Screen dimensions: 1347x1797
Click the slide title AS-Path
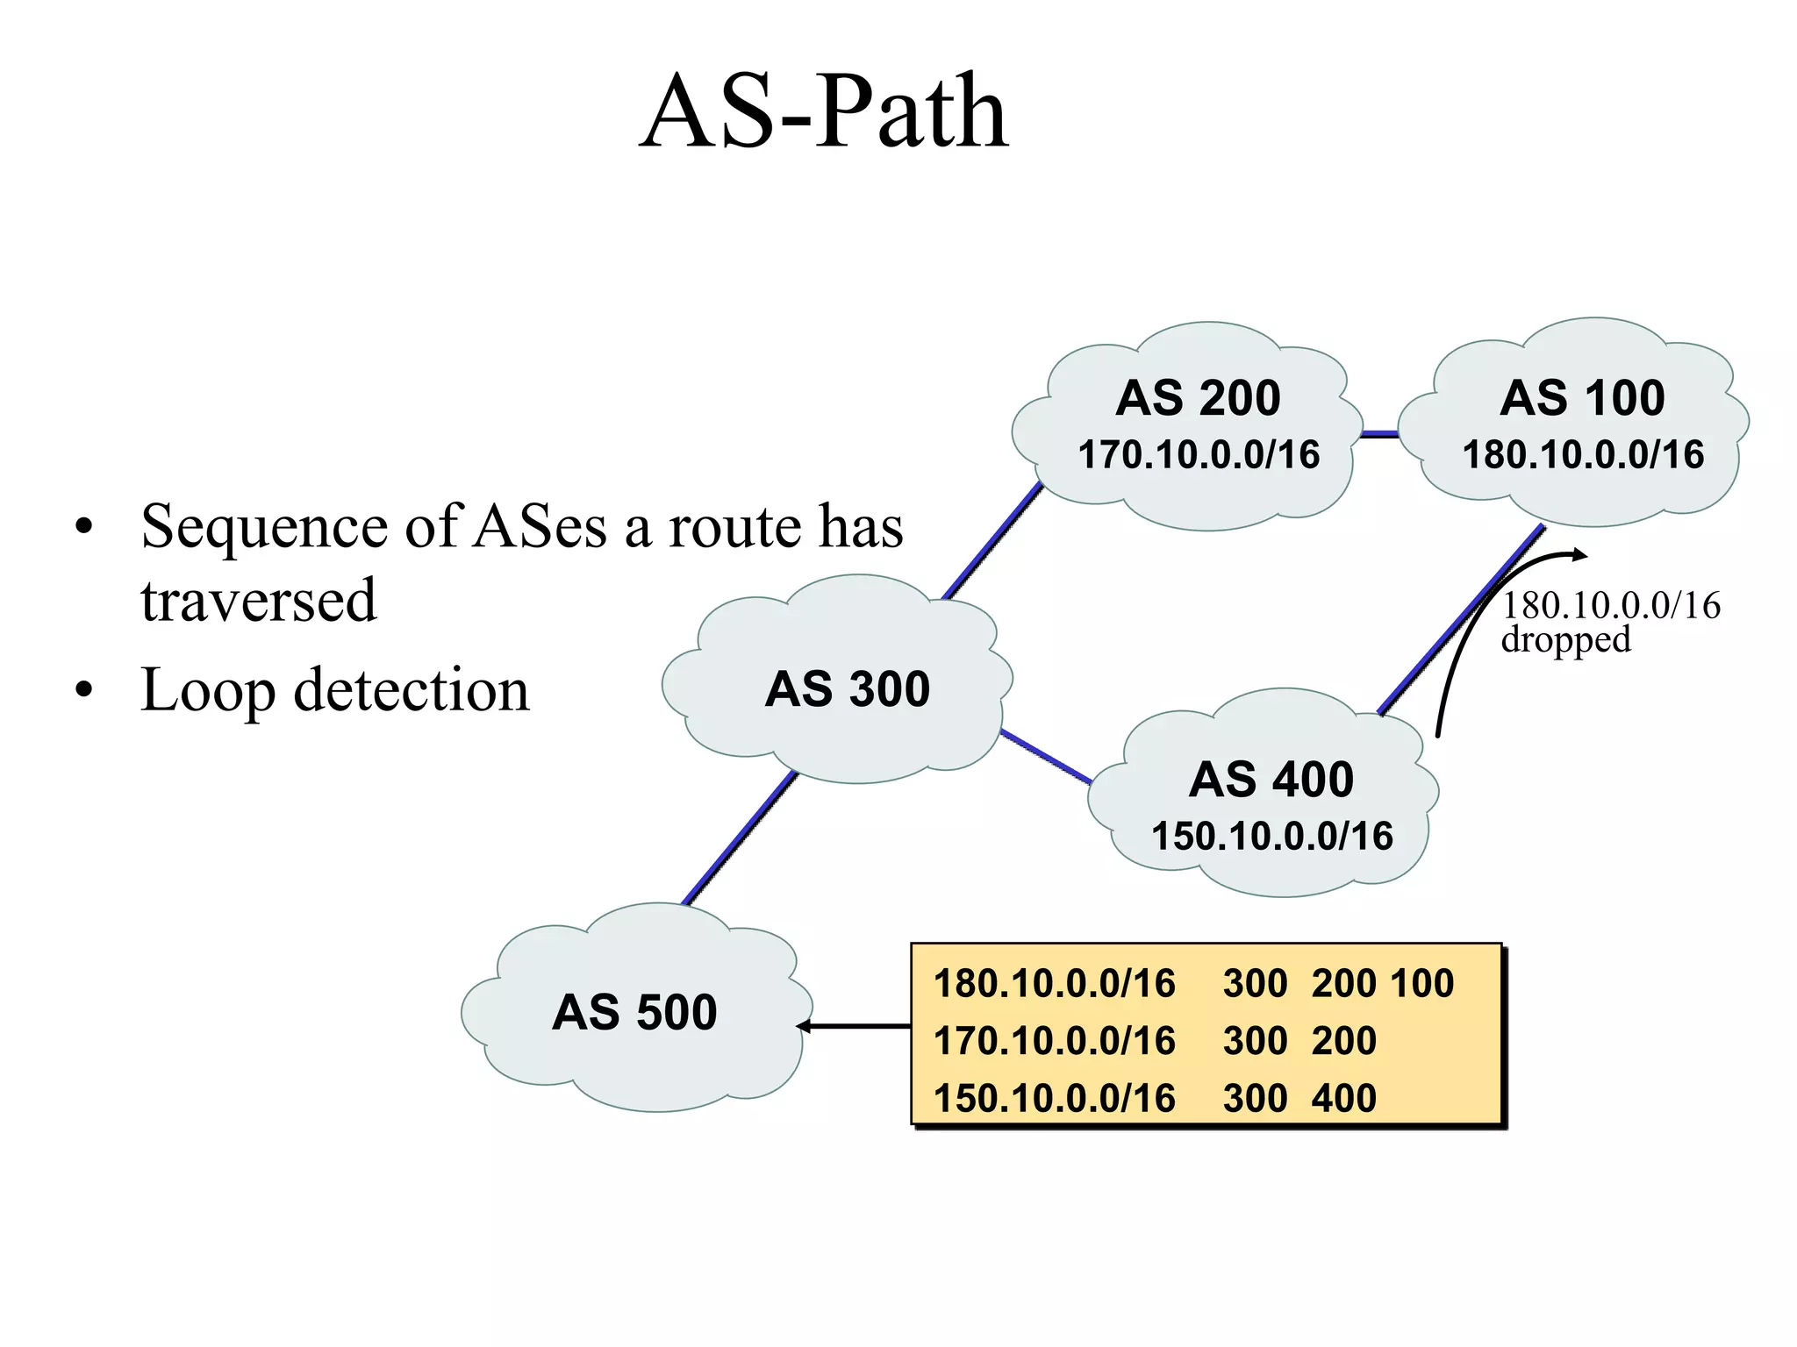825,112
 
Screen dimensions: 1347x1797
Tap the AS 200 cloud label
1198,398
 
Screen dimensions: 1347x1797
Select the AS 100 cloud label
1582,398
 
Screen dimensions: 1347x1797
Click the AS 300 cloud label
847,689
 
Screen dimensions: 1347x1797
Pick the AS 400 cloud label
1271,780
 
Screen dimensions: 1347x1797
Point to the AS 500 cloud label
634,1012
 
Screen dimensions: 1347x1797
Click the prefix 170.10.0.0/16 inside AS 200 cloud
1199,455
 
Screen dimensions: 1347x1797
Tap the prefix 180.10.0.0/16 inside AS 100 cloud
1583,455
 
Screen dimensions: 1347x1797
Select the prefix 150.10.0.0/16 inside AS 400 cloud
1271,837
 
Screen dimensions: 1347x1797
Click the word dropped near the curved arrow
1565,640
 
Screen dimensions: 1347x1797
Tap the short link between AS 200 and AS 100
1379,433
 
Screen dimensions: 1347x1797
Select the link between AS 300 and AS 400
1046,755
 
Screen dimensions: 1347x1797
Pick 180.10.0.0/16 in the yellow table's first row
1054,984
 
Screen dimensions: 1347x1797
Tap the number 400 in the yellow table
1343,1099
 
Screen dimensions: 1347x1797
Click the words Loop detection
335,690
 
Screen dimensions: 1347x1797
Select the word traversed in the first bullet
259,601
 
